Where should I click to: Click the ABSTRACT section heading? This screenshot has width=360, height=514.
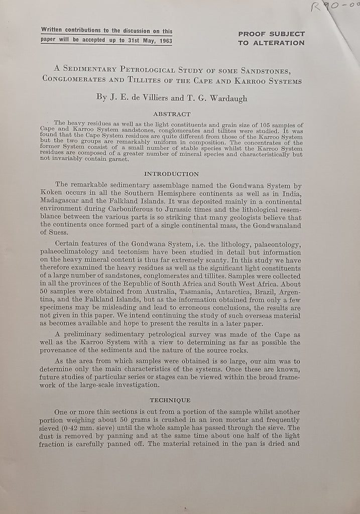click(171, 114)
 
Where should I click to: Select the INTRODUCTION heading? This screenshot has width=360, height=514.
click(171, 174)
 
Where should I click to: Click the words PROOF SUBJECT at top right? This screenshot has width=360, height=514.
click(271, 34)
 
